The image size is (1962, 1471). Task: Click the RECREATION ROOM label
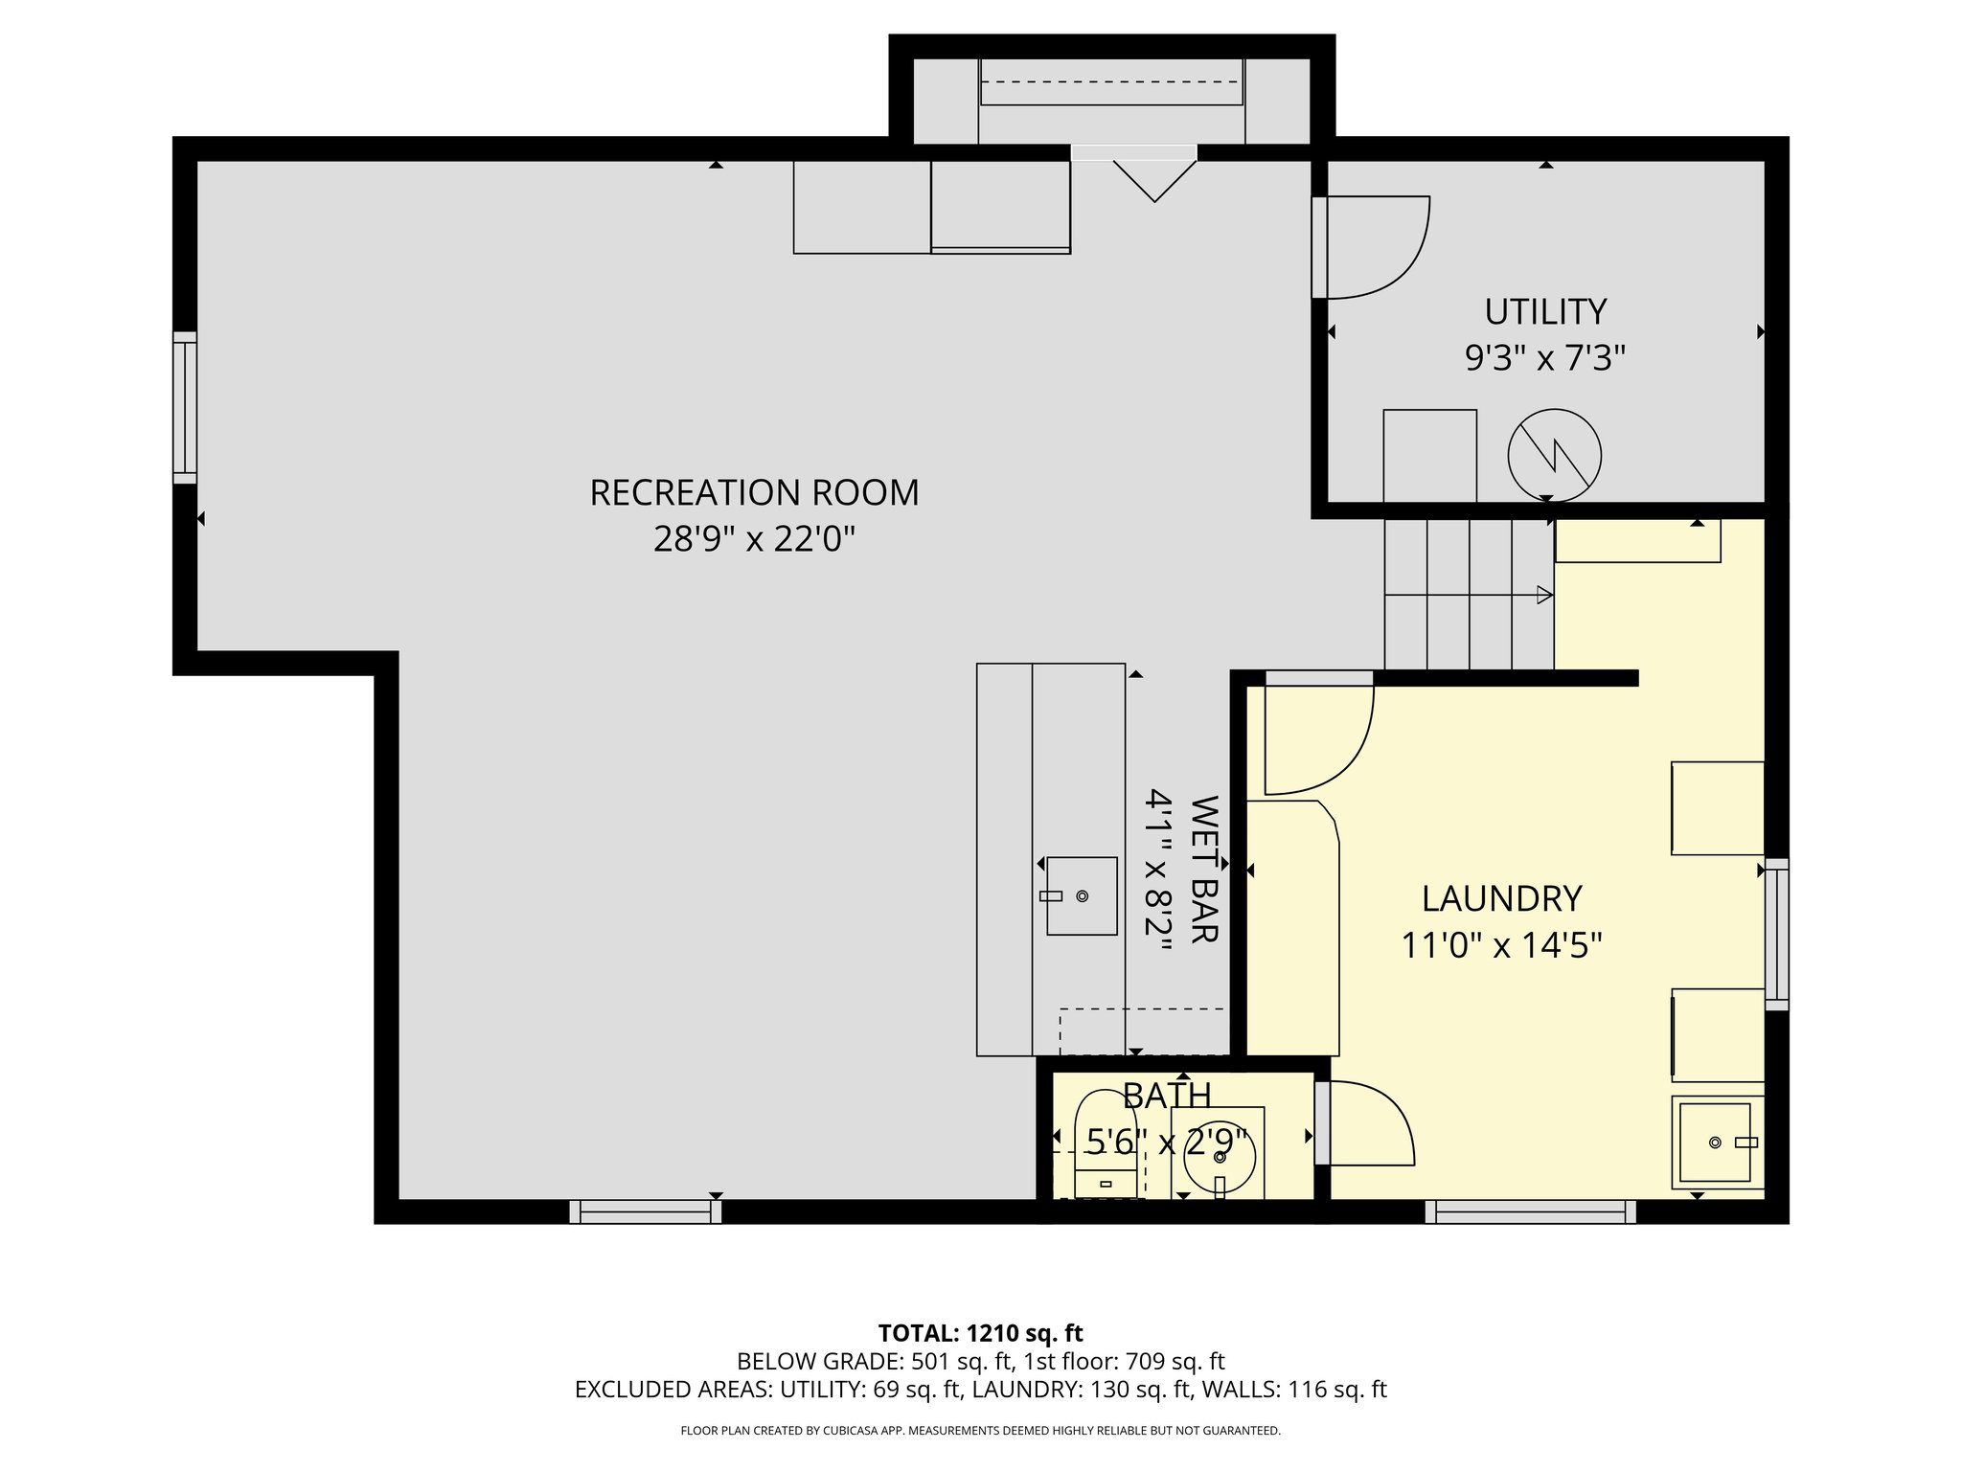click(x=754, y=492)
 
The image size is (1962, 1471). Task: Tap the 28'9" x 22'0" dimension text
click(x=754, y=539)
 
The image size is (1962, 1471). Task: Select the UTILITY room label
click(x=1544, y=312)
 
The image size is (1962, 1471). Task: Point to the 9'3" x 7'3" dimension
click(x=1544, y=358)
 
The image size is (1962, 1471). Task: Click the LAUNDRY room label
click(x=1501, y=898)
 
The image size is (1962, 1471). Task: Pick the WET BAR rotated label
click(x=1203, y=869)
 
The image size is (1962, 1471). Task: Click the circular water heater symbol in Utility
click(x=1554, y=455)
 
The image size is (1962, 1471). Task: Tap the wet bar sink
click(x=1081, y=895)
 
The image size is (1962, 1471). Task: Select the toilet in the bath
click(x=1106, y=1143)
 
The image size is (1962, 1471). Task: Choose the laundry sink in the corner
click(x=1715, y=1142)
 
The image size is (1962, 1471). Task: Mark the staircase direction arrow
click(x=1543, y=595)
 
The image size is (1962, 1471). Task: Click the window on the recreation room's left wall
click(x=185, y=407)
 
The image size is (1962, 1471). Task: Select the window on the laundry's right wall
click(x=1776, y=934)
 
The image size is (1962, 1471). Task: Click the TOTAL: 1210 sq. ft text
click(x=980, y=1333)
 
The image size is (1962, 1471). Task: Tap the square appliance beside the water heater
click(x=1429, y=455)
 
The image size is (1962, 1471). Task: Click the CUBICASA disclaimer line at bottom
click(x=980, y=1431)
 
